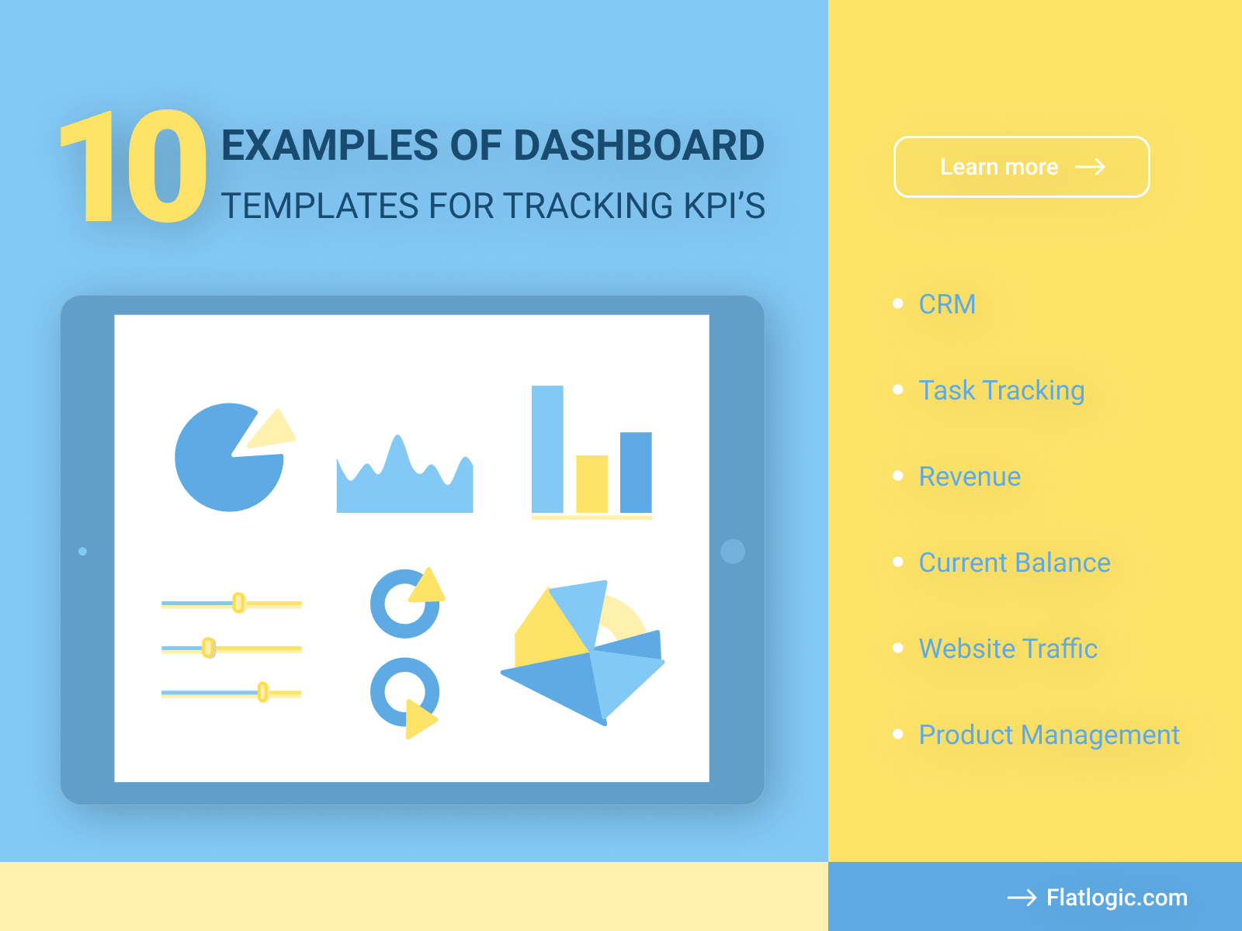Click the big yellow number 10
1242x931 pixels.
click(x=134, y=167)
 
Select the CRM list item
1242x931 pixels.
click(x=946, y=304)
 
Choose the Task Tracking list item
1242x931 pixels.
click(x=1001, y=390)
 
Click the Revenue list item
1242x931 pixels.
click(x=969, y=476)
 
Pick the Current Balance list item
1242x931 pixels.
click(x=1014, y=562)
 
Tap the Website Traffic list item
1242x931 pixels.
click(x=1008, y=649)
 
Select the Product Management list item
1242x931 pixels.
click(x=1048, y=735)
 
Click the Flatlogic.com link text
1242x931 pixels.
click(x=1116, y=898)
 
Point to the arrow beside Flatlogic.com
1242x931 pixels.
click(x=1022, y=898)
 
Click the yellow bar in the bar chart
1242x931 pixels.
click(x=592, y=484)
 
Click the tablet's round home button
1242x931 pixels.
click(x=732, y=552)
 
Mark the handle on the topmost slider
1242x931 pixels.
click(x=238, y=603)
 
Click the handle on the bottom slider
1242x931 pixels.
click(x=263, y=692)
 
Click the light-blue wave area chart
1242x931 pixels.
click(x=404, y=485)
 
